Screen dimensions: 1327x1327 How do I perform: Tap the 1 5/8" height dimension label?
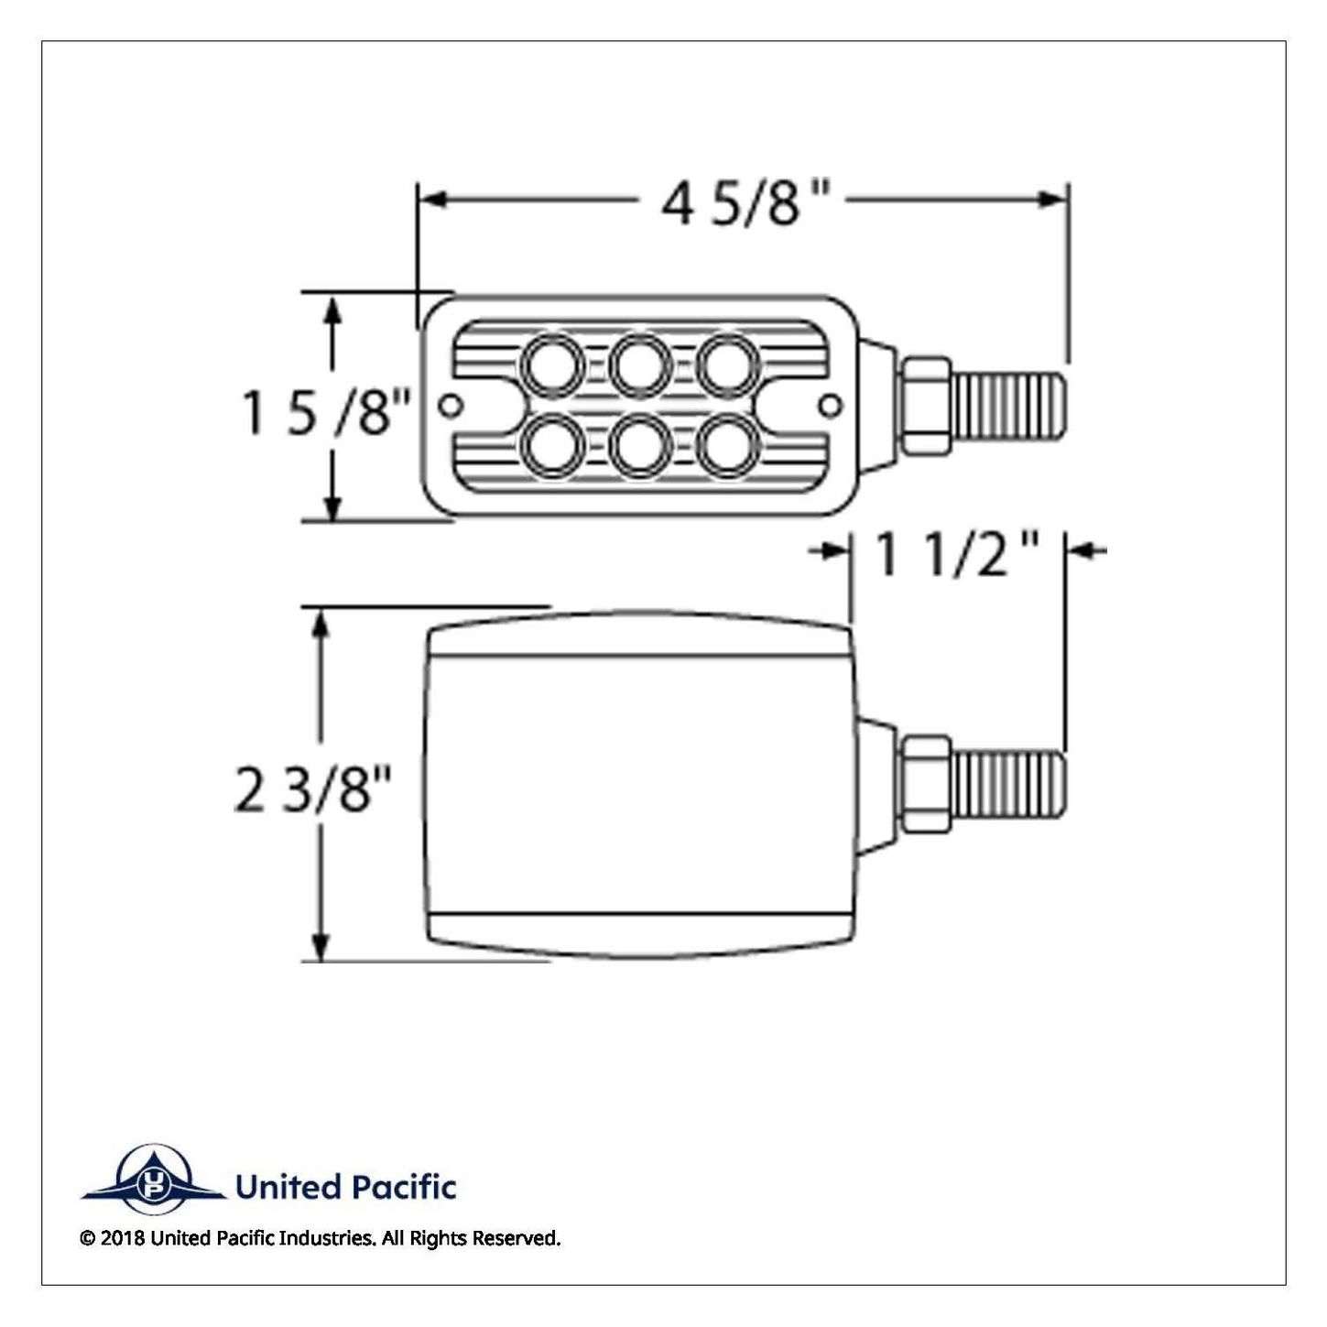click(x=326, y=412)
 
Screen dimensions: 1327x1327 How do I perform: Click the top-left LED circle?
click(x=552, y=365)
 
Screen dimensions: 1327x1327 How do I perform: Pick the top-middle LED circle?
click(x=640, y=365)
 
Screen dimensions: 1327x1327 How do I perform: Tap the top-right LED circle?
click(x=729, y=365)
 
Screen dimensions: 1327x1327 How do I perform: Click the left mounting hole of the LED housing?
click(x=451, y=406)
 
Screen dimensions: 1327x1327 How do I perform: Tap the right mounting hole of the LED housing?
click(x=832, y=406)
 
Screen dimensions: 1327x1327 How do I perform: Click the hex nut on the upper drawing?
click(x=926, y=406)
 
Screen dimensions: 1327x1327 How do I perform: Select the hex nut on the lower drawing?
click(x=926, y=784)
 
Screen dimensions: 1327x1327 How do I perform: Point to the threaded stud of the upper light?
click(x=1009, y=406)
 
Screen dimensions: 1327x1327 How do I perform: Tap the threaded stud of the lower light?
click(x=1009, y=784)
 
